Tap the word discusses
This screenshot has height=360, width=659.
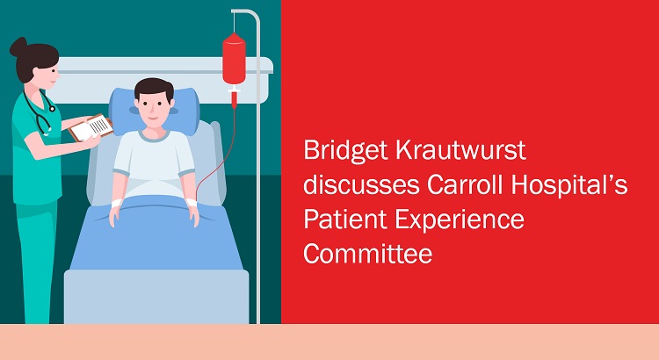click(x=361, y=184)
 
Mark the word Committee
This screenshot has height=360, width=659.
click(x=368, y=254)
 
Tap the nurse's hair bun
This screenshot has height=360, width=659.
click(x=18, y=47)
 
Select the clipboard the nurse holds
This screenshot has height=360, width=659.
click(x=91, y=127)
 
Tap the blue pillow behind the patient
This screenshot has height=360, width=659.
click(x=155, y=112)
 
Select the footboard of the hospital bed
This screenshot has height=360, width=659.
click(x=156, y=297)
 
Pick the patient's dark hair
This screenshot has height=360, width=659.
click(x=154, y=89)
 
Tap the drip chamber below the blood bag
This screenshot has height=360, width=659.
click(x=234, y=97)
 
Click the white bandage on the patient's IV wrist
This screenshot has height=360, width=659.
click(x=192, y=202)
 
